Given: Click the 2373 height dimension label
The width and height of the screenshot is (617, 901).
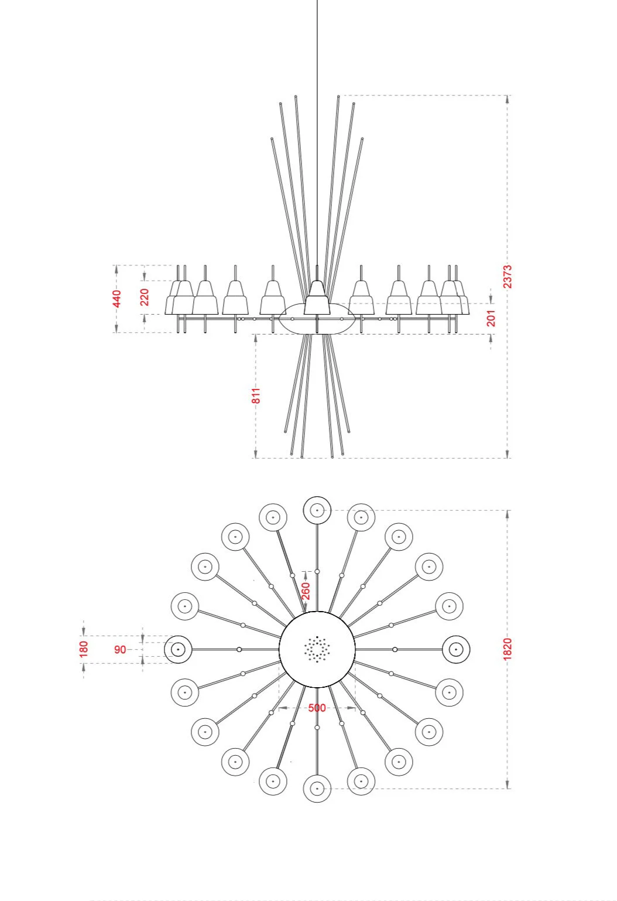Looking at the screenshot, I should tap(507, 276).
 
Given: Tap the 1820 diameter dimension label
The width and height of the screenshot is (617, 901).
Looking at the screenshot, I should tap(507, 649).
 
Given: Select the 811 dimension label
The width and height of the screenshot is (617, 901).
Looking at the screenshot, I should tap(256, 395).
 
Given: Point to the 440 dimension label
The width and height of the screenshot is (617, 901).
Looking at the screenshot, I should tap(117, 298).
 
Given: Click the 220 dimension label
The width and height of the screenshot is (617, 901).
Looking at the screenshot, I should tap(145, 297).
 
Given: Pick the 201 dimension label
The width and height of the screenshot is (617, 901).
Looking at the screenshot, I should tap(491, 318).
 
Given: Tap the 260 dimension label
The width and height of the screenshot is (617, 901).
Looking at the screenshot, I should tap(306, 590).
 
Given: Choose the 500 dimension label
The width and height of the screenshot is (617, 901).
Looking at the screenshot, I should tap(317, 708).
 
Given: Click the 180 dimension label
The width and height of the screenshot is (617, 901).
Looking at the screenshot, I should tap(84, 649).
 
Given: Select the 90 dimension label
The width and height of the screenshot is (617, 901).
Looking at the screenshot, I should tap(120, 649).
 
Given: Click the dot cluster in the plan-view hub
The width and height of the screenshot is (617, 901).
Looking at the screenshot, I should tap(317, 649).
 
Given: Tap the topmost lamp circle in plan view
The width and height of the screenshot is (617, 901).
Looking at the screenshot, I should tap(317, 510).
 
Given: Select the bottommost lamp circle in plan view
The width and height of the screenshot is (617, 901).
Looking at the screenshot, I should tap(317, 789).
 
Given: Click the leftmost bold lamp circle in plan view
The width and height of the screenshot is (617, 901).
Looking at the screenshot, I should tap(178, 649).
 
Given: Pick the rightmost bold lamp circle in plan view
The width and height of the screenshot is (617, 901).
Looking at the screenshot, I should tap(456, 649).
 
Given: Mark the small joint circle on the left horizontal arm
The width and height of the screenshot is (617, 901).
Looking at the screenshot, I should tap(239, 649).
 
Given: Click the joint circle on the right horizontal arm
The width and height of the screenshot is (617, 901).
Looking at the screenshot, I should tap(395, 649).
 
